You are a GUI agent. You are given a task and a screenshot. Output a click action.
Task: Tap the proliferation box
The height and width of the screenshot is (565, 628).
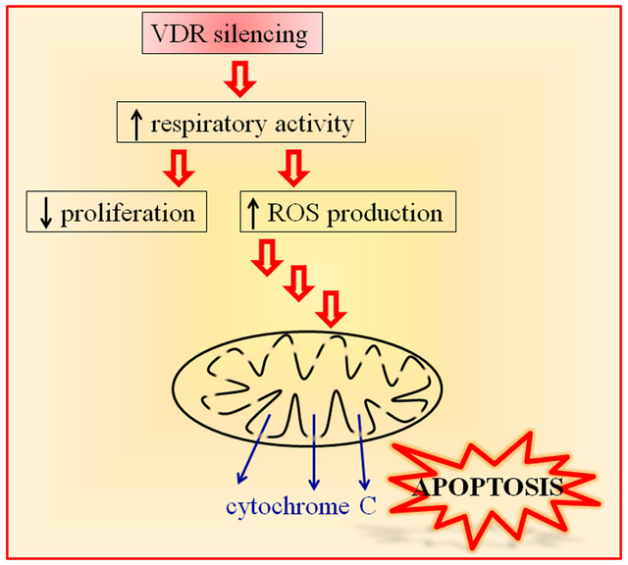[117, 212]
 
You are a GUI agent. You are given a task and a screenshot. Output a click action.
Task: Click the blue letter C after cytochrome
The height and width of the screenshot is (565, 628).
[369, 507]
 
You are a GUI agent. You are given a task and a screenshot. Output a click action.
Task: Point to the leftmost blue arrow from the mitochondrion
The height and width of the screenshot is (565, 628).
[251, 450]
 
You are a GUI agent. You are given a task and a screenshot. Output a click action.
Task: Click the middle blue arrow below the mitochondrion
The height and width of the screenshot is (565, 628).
[313, 452]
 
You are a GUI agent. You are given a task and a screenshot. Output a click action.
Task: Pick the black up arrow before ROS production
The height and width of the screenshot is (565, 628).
[255, 212]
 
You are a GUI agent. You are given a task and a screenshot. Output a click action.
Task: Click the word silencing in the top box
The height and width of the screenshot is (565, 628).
[268, 36]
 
